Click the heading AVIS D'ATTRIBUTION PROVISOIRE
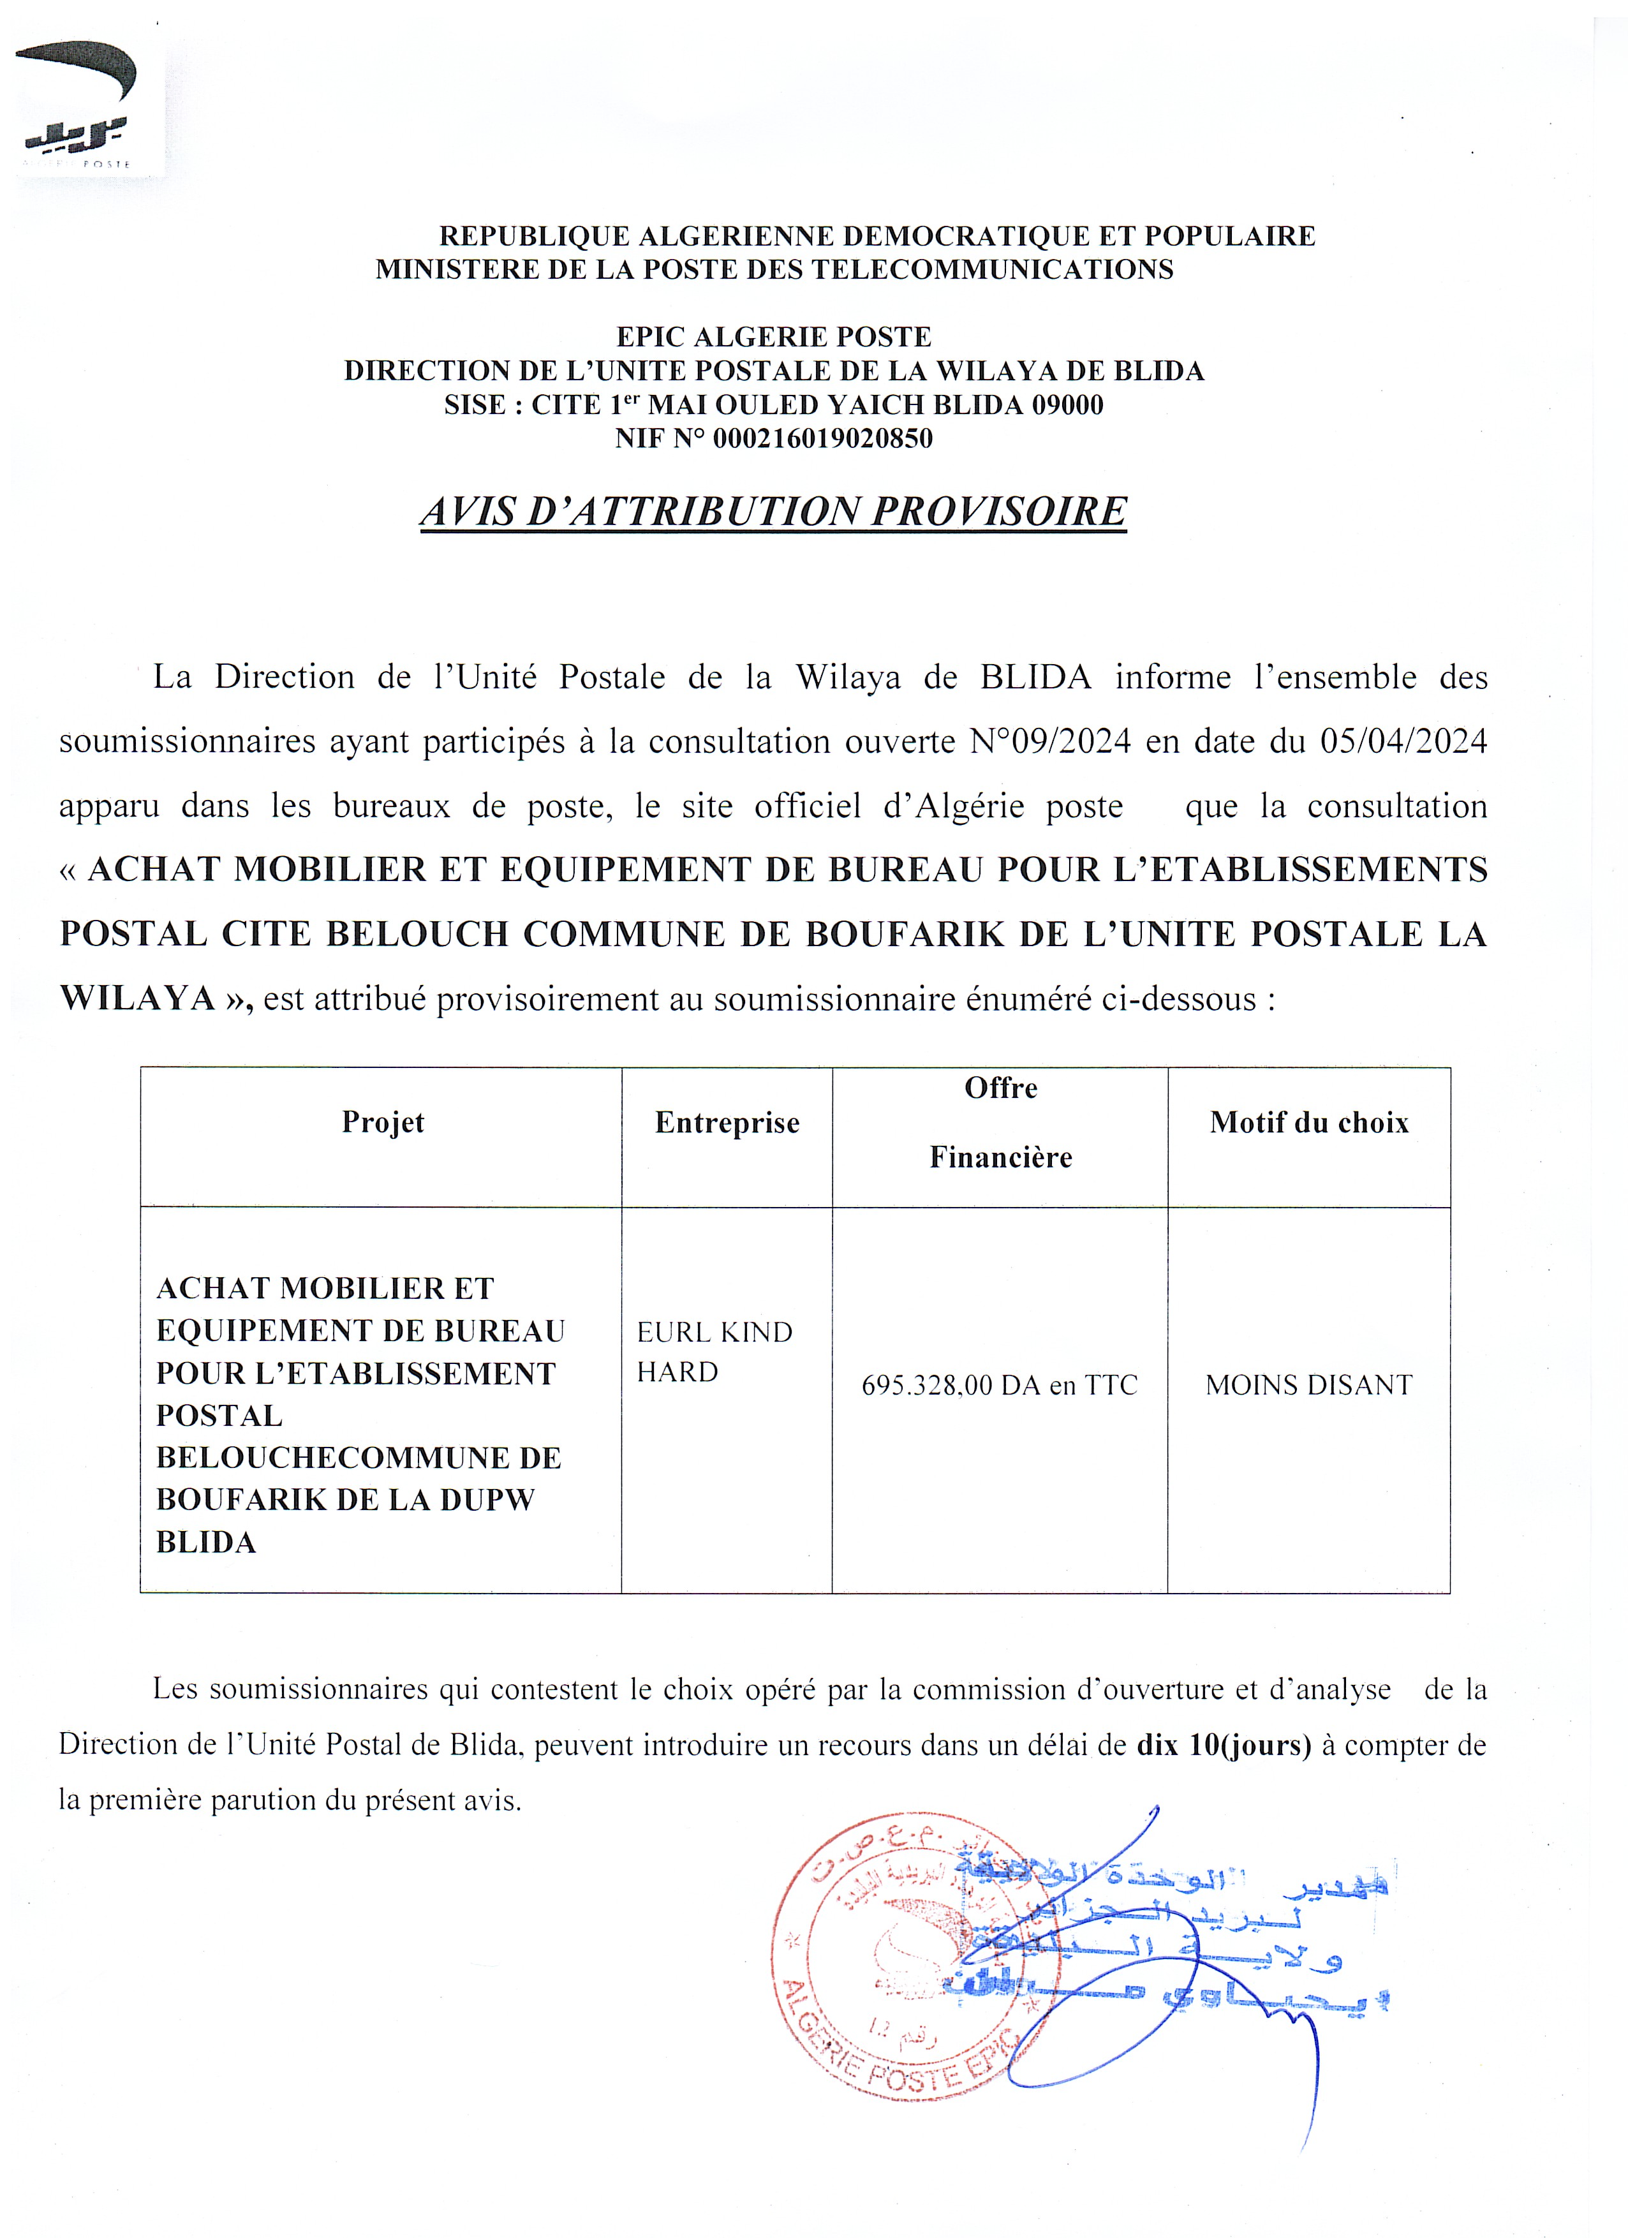tap(774, 511)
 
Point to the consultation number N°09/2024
tap(1050, 741)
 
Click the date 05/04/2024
tap(1403, 741)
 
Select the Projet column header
tap(383, 1122)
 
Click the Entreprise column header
tap(727, 1123)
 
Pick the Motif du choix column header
tap(1309, 1122)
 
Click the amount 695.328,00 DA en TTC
tap(1000, 1386)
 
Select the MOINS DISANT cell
tap(1308, 1386)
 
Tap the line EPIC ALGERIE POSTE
tap(774, 337)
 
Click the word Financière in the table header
tap(1000, 1157)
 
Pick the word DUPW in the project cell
tap(487, 1500)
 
